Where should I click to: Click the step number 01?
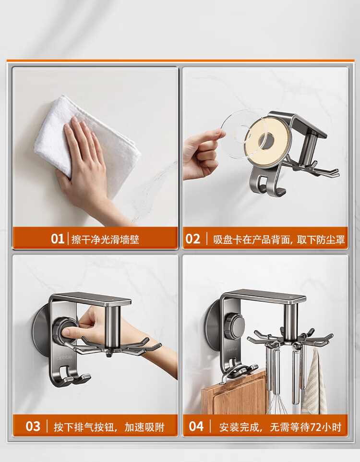click(57, 239)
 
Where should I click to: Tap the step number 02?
click(192, 239)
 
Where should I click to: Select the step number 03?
click(33, 426)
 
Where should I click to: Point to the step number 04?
click(196, 426)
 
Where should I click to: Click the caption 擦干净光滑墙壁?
click(105, 239)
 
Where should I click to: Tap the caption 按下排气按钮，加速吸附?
click(109, 427)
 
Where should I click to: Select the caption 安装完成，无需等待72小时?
click(280, 427)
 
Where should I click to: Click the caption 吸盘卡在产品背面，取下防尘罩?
click(279, 239)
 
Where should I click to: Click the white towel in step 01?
click(87, 145)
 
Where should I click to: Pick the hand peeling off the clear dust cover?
click(201, 155)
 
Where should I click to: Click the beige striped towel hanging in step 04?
click(314, 383)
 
